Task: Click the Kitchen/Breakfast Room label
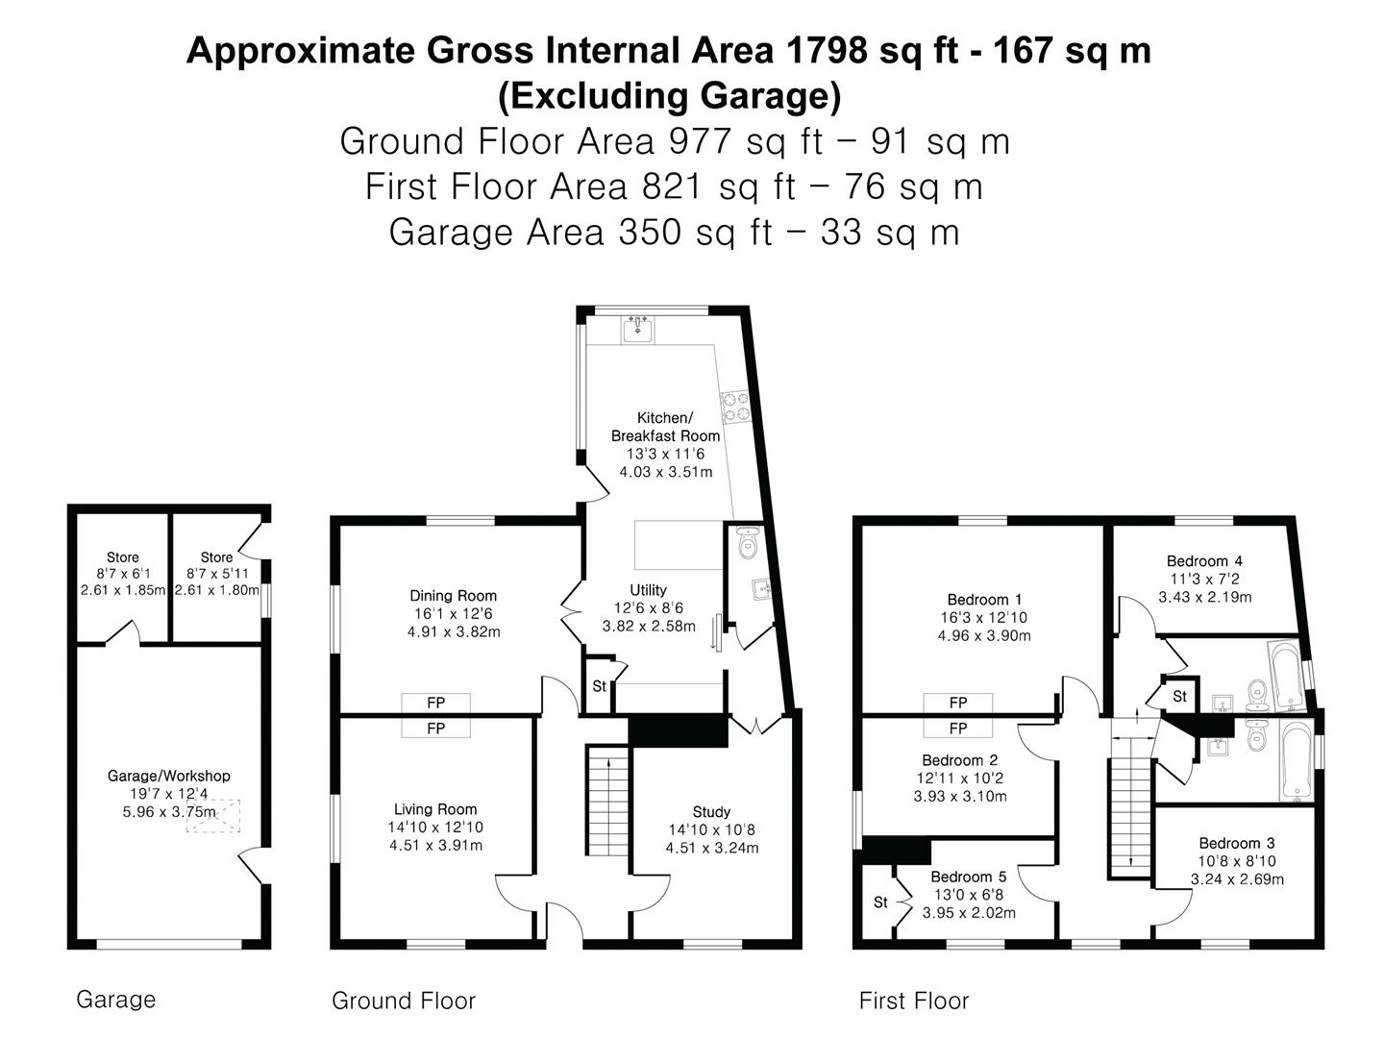[665, 427]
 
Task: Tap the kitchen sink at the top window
[637, 330]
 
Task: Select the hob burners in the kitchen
[735, 407]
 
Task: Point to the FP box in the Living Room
[435, 729]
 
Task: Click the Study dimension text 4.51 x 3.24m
[711, 848]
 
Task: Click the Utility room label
[648, 590]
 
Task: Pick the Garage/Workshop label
[168, 776]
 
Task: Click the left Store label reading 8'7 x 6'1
[122, 574]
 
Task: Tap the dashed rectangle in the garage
[212, 815]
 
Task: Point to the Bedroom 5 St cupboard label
[880, 902]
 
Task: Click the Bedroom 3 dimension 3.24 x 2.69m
[1237, 878]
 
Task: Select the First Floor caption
[913, 1001]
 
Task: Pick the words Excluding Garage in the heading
[669, 96]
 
